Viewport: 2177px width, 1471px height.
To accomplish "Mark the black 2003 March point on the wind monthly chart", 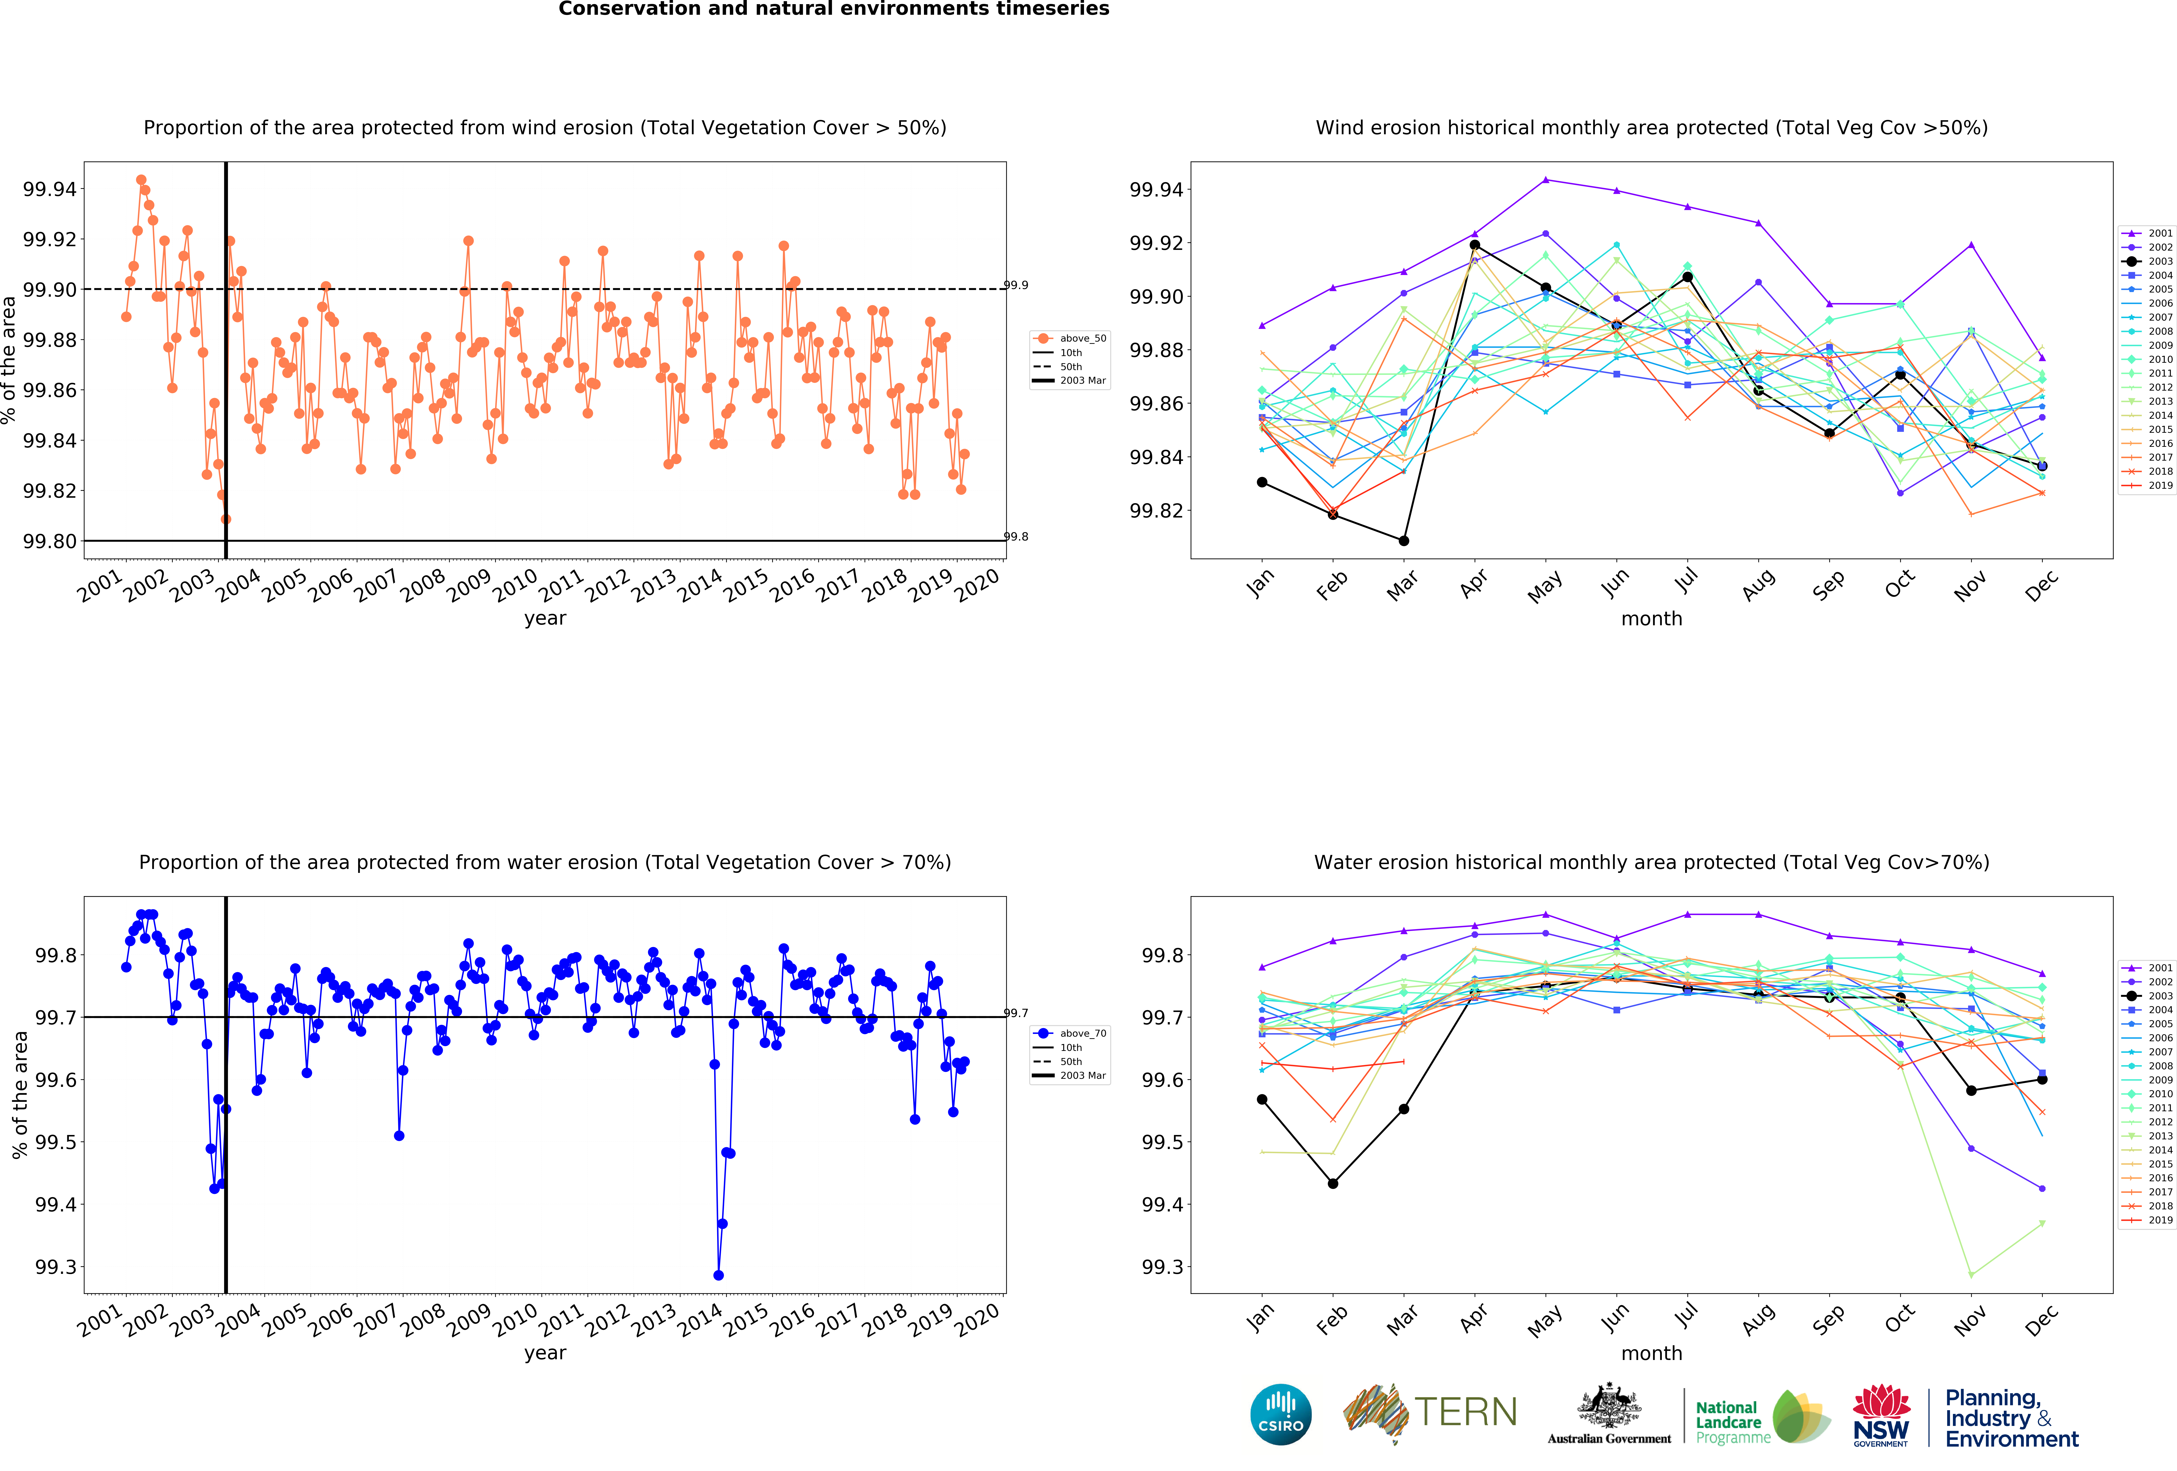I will pyautogui.click(x=1403, y=541).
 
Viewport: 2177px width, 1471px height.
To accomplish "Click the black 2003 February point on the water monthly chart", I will pyautogui.click(x=1333, y=1183).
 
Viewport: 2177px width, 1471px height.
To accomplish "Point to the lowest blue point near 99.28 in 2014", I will pyautogui.click(x=719, y=1275).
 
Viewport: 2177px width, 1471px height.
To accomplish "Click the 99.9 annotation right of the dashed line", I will pyautogui.click(x=1016, y=285).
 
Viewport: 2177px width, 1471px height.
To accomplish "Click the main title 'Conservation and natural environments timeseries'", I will pyautogui.click(x=834, y=9).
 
